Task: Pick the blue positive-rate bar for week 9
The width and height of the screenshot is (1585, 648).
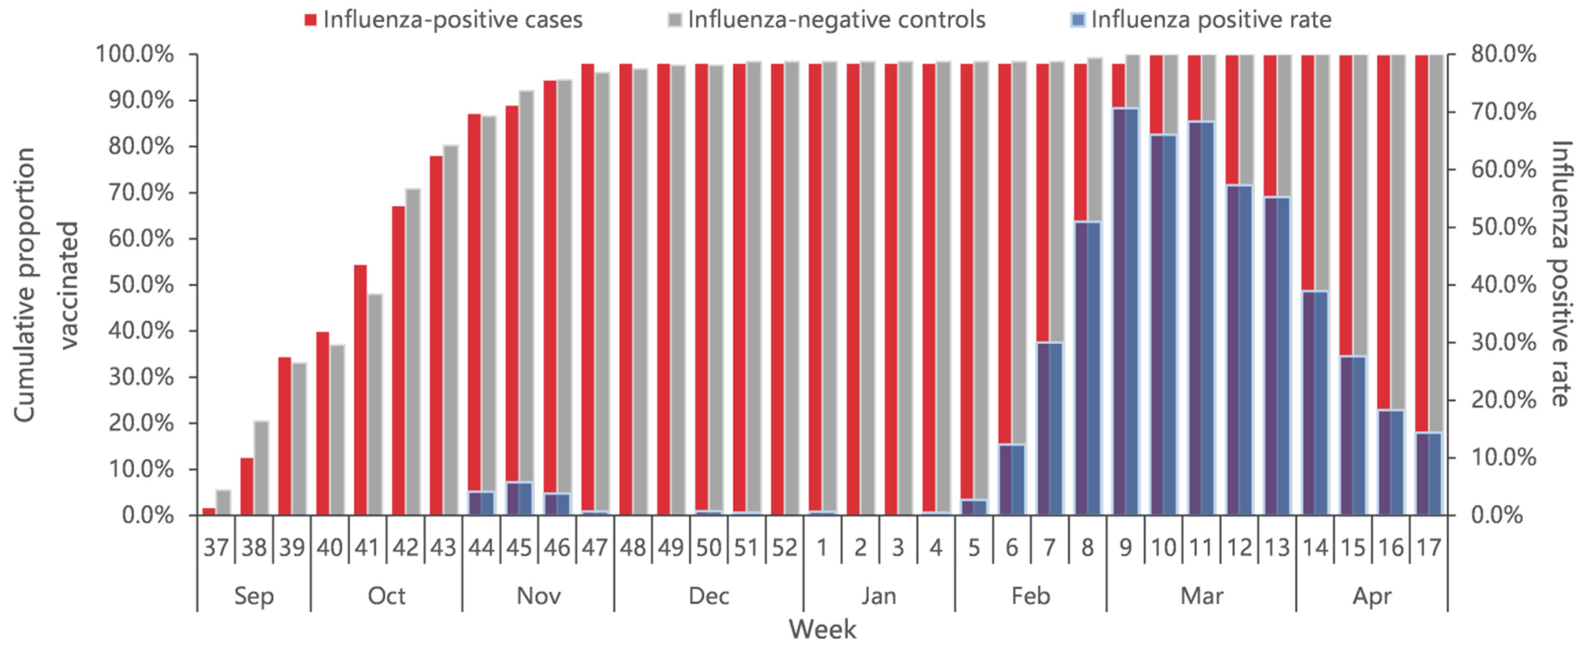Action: click(1125, 311)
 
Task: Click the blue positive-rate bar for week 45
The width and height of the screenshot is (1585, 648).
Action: click(519, 498)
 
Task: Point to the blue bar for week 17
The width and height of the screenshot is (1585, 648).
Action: click(1429, 474)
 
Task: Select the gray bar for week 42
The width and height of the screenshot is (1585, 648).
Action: click(413, 351)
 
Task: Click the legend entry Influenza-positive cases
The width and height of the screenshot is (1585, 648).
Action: click(443, 20)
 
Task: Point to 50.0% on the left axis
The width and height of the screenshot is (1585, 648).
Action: click(141, 285)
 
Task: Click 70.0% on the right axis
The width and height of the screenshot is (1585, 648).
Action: click(1503, 112)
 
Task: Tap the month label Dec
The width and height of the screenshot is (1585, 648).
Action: click(708, 596)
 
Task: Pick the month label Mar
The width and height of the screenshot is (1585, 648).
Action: click(1201, 596)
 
